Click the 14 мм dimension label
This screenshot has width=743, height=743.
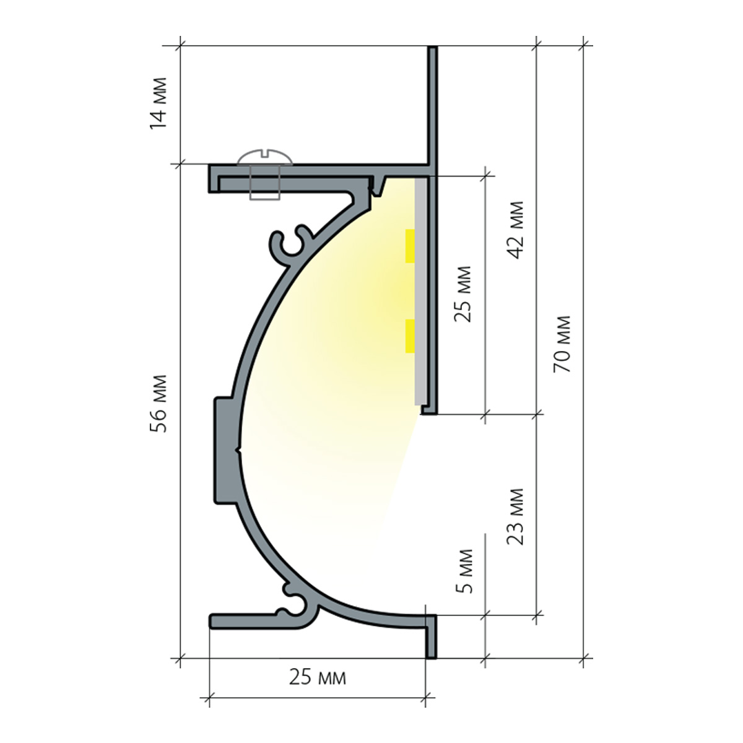pos(159,103)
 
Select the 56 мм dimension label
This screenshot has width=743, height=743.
pos(159,404)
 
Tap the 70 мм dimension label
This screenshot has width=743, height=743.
pos(562,344)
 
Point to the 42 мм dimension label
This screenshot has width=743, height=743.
pos(516,230)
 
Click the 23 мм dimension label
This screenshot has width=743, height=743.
pos(516,516)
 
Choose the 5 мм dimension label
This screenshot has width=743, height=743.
pos(464,571)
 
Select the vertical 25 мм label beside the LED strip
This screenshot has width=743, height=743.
pos(463,294)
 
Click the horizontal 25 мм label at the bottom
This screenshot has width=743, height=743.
pos(318,677)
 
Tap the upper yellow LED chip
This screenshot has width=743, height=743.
pos(410,246)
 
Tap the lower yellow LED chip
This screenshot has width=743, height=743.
pos(410,336)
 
